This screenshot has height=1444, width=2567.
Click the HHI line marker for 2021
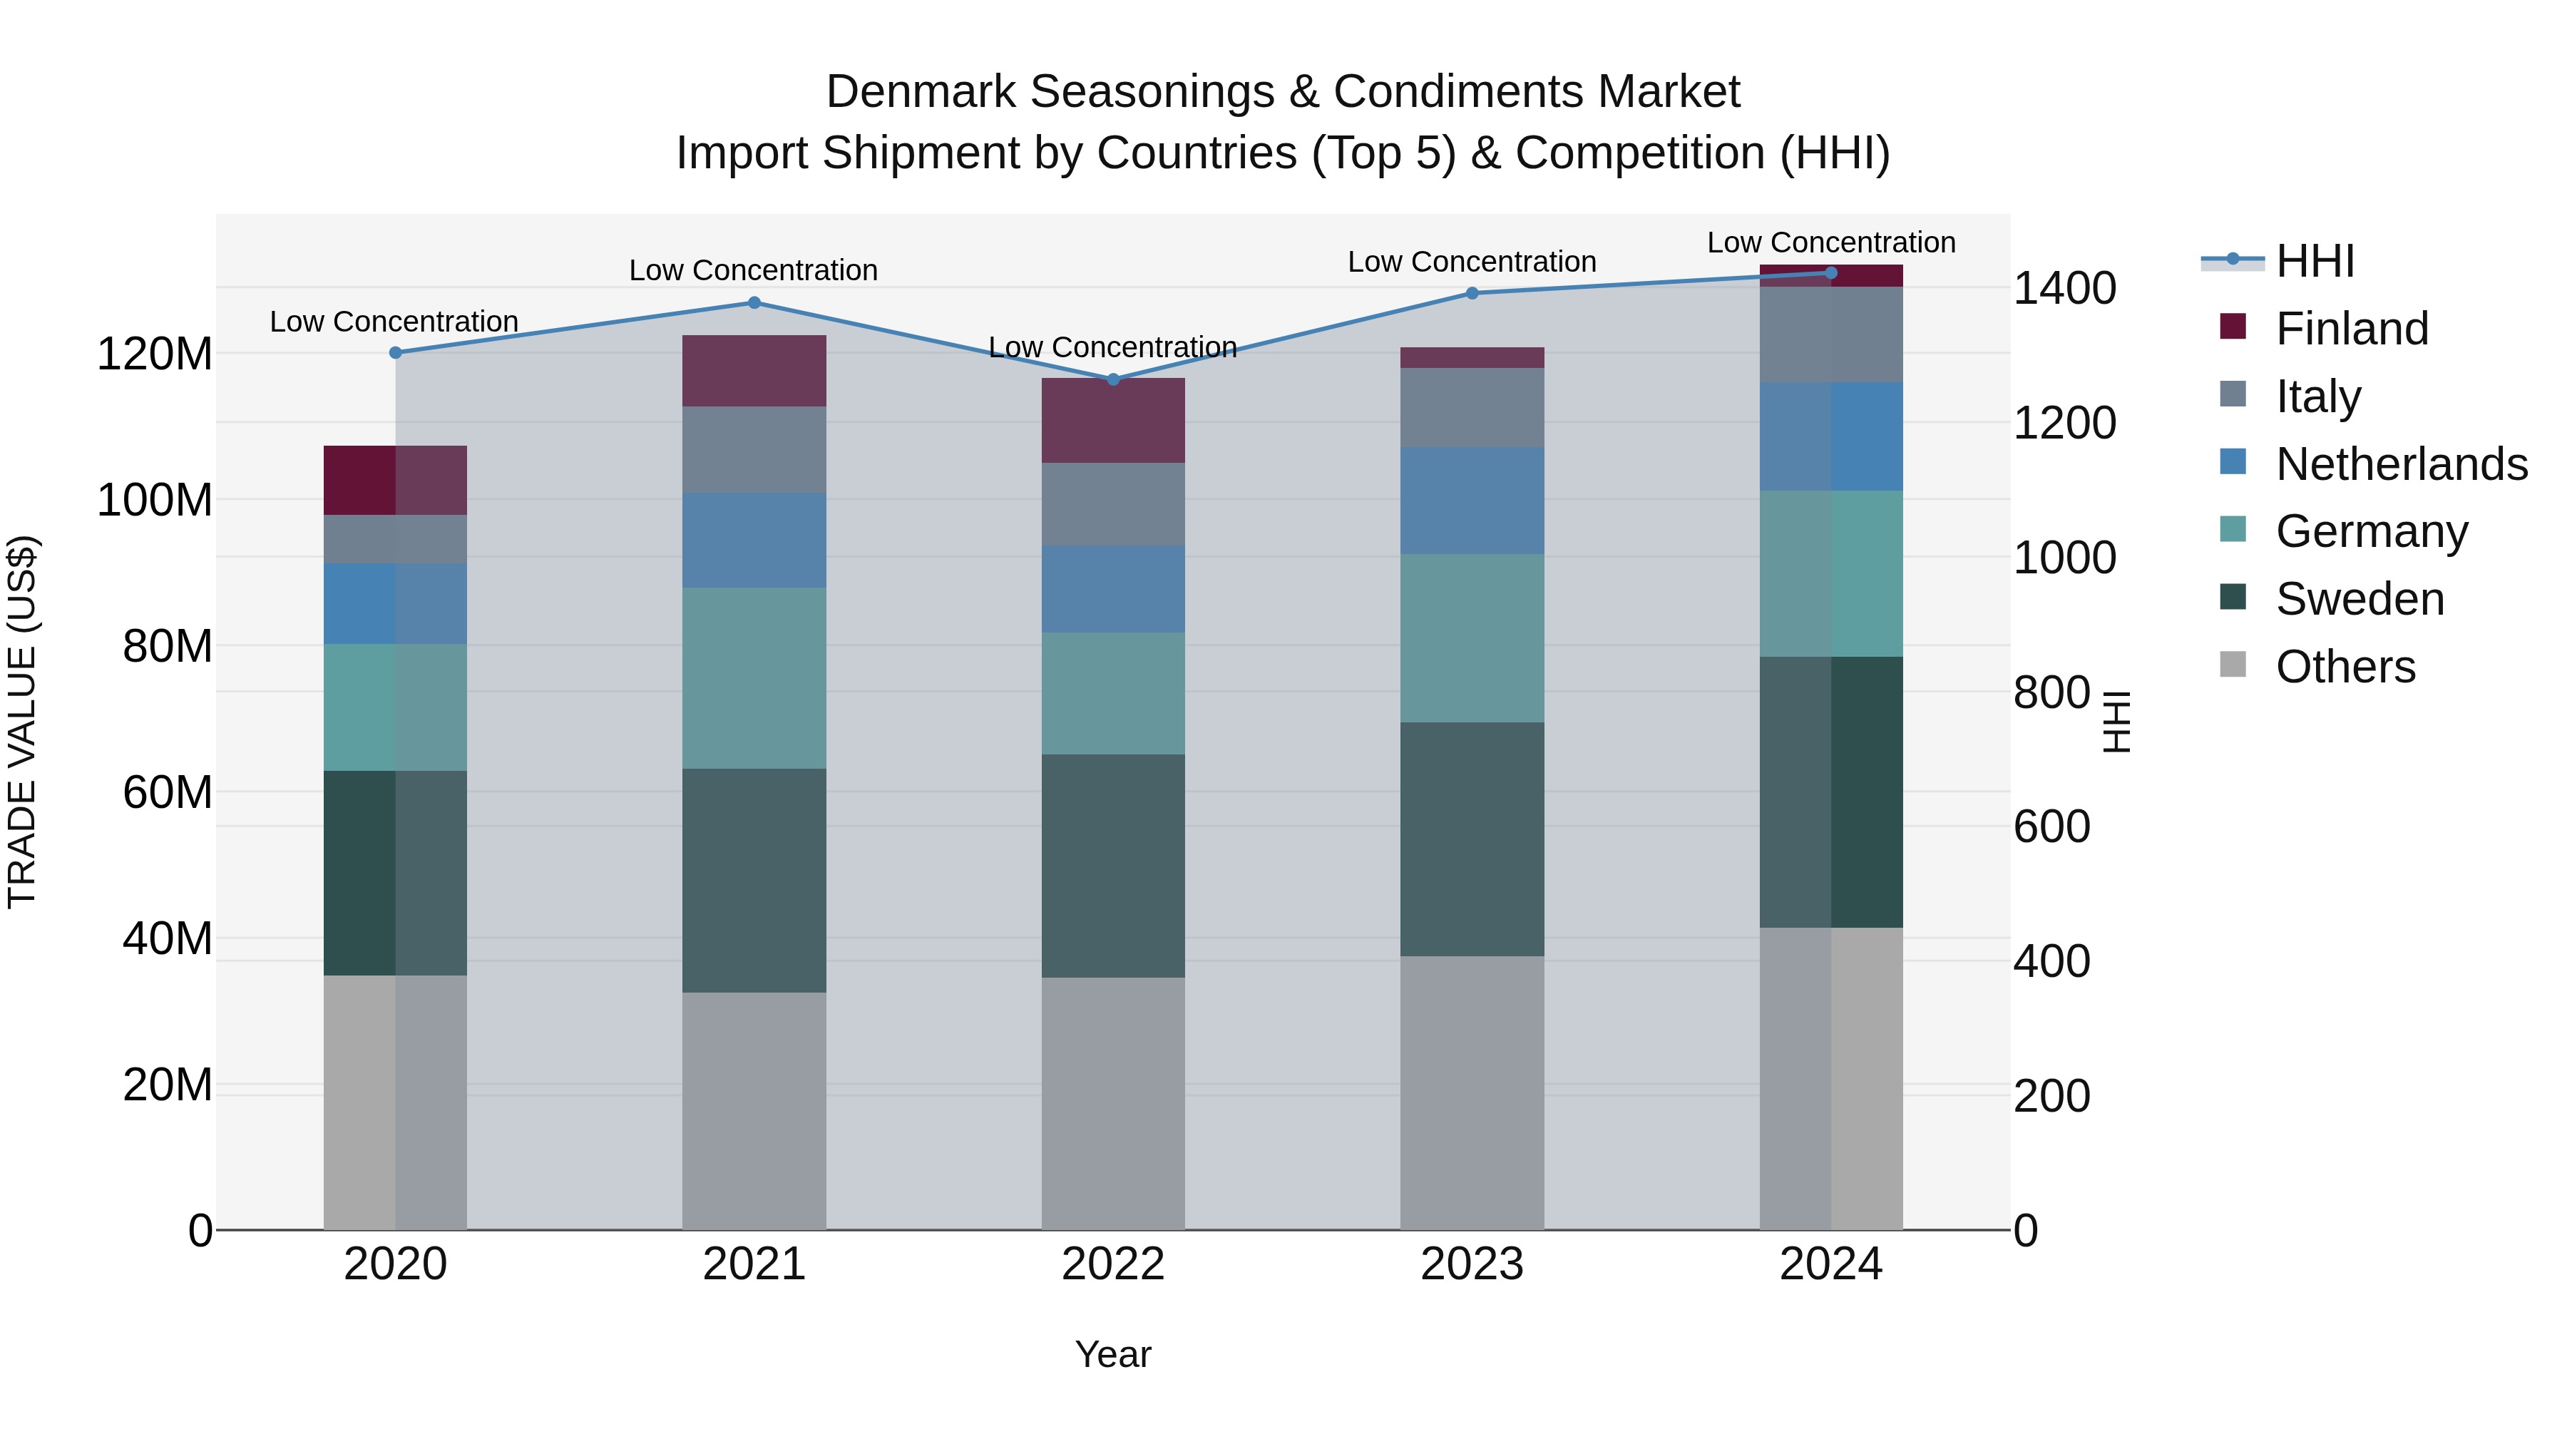coord(754,303)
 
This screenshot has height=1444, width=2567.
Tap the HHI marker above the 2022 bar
coord(1113,379)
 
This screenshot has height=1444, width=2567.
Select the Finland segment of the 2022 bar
coord(1113,421)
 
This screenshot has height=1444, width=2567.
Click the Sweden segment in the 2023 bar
coord(1472,839)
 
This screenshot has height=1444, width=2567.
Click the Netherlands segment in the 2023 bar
coord(1472,501)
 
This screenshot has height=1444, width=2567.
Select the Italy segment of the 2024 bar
coord(1830,335)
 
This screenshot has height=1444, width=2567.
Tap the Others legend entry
coord(2345,667)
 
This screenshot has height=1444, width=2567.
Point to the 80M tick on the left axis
coord(168,647)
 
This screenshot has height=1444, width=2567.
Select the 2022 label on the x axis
coord(1113,1264)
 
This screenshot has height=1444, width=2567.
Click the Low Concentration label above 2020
coord(394,322)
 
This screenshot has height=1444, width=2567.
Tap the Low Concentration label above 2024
coord(1830,242)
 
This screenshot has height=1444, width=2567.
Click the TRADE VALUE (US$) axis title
coord(22,722)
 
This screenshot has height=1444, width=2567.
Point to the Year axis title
coord(1113,1354)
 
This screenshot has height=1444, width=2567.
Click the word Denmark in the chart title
coord(926,92)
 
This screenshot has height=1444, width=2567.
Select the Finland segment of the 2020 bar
coord(394,481)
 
